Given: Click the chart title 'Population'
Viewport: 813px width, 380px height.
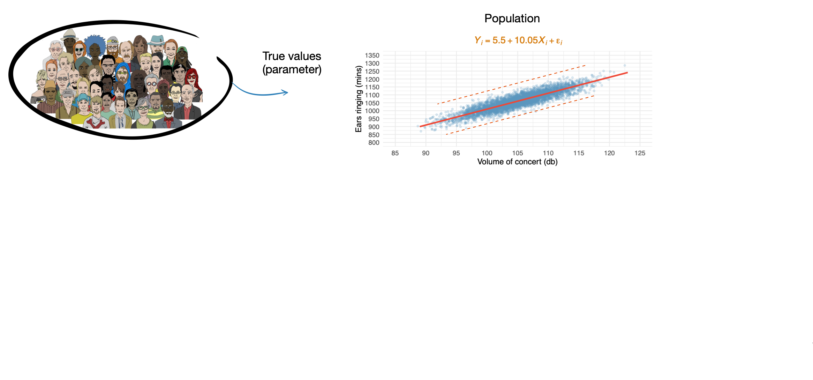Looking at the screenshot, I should click(x=512, y=18).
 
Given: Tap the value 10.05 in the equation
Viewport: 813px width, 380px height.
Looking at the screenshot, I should click(x=526, y=40).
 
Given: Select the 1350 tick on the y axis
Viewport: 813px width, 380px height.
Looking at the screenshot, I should click(x=372, y=55).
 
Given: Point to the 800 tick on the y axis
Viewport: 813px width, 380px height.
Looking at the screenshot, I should click(x=374, y=143).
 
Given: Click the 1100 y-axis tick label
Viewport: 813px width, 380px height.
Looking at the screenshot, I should click(x=372, y=95).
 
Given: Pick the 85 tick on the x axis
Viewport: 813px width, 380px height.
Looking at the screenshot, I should click(x=395, y=153).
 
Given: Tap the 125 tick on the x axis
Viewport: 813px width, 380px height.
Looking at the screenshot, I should click(x=640, y=153).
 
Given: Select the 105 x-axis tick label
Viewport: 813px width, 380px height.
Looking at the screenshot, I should click(x=517, y=153).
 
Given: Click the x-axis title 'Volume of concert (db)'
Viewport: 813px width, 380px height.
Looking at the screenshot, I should click(x=517, y=162).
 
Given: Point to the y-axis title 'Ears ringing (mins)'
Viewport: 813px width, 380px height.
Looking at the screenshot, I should click(x=359, y=99).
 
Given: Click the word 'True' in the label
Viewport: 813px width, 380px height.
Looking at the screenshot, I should click(x=274, y=56).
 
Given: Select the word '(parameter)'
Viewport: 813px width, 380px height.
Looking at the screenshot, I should click(x=292, y=69).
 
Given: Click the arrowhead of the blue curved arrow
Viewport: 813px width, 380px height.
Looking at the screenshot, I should click(x=286, y=92).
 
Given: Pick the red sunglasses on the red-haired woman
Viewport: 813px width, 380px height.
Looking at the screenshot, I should click(x=191, y=77).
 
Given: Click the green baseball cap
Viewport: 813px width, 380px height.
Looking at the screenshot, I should click(x=182, y=50).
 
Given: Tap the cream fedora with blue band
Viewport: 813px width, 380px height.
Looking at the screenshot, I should click(x=70, y=34).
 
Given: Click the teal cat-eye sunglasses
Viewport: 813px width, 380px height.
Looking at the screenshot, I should click(x=79, y=50).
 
